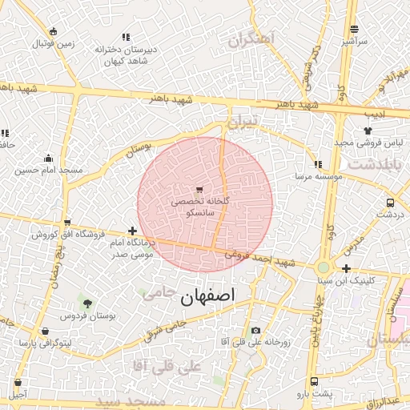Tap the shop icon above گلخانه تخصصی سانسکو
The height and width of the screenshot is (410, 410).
coord(199,190)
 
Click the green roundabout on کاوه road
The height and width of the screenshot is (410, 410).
coord(323,267)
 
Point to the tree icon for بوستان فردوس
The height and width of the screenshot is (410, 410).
coord(87,303)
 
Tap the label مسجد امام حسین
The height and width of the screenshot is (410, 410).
coord(48,170)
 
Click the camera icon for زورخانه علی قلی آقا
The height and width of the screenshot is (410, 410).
coord(255,330)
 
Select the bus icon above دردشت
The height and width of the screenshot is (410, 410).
coord(389,203)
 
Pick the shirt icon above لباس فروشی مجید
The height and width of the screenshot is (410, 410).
coord(368,130)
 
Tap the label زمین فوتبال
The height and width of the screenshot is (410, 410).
coord(54,43)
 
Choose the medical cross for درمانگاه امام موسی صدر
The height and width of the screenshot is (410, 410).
coord(132,231)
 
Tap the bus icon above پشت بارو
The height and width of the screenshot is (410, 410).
coord(313,381)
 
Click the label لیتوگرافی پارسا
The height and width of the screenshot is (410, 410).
coord(46,343)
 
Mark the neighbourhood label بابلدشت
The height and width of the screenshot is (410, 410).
coord(384,163)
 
